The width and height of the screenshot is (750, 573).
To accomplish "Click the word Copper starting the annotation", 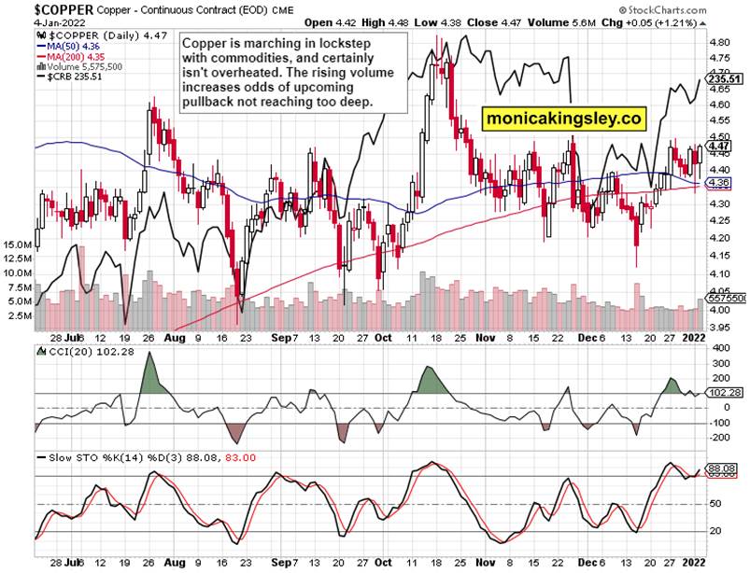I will click(x=203, y=44).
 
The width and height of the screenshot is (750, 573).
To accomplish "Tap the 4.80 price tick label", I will click(x=720, y=43).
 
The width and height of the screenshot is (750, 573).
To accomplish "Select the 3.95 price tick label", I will click(x=720, y=328).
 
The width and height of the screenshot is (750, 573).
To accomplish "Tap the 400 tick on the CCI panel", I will click(x=718, y=348).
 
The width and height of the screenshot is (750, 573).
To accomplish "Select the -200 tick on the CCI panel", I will click(x=718, y=437).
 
